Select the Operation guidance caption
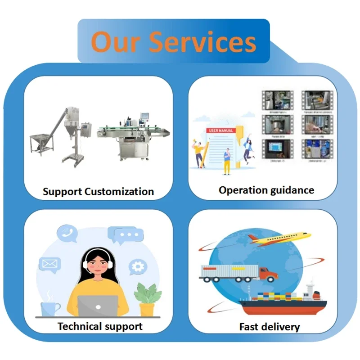pyautogui.click(x=266, y=190)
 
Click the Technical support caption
pyautogui.click(x=100, y=326)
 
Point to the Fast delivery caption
pyautogui.click(x=269, y=327)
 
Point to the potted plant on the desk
pyautogui.click(x=147, y=299)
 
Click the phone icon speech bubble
pyautogui.click(x=67, y=233)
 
